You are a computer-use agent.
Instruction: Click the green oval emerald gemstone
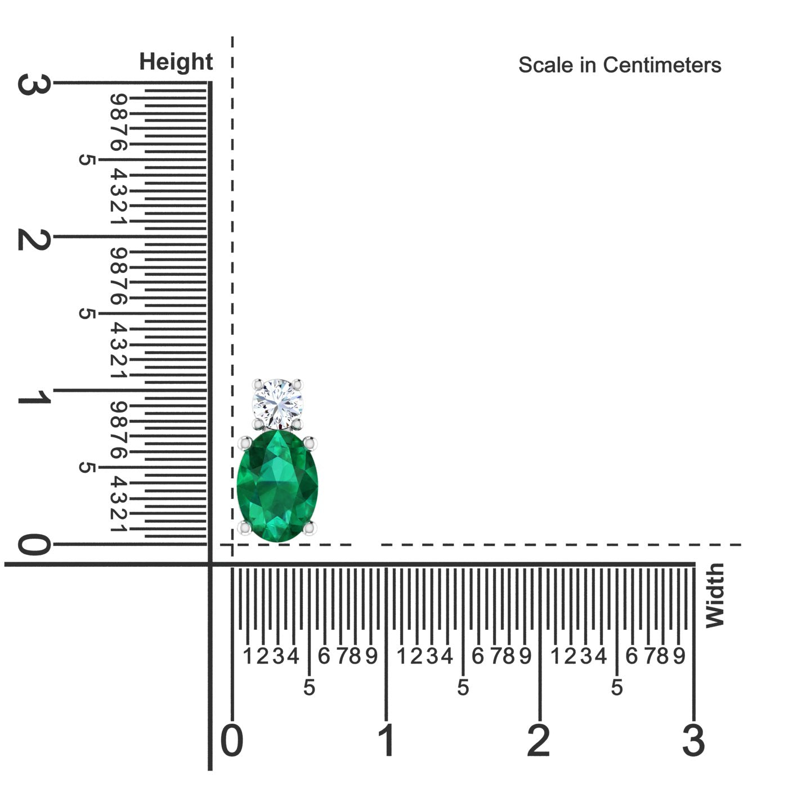point(277,486)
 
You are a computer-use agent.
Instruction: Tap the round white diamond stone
point(277,404)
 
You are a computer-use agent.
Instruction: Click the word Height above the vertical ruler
point(176,62)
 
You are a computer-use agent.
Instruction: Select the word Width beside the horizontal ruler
point(715,595)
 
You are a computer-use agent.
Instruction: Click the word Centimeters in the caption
point(662,65)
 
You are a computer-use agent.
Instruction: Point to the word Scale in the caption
point(546,65)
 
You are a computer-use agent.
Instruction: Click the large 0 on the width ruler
point(232,740)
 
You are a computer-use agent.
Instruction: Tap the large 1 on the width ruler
point(387,740)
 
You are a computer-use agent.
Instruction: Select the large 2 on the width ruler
point(539,740)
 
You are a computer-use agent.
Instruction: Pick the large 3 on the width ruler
point(693,740)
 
